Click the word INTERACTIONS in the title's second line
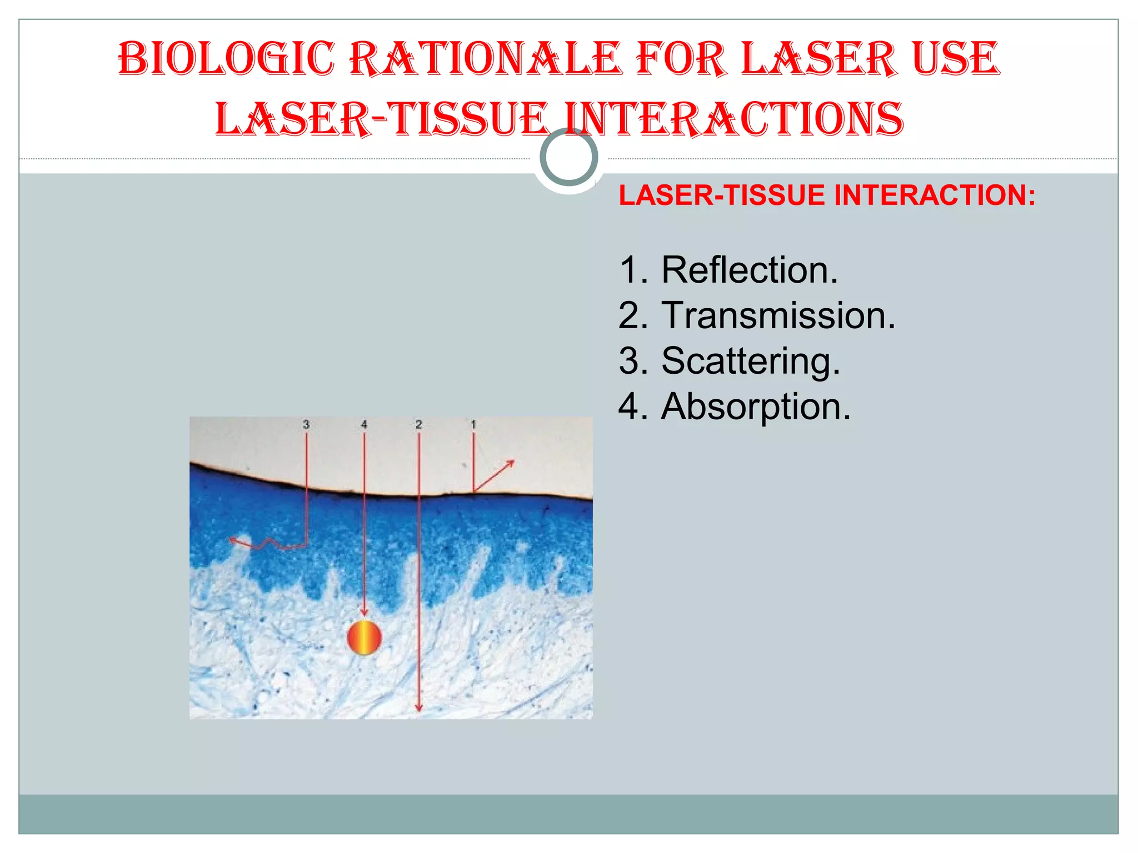(734, 119)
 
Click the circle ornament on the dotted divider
(568, 157)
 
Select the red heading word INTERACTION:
(935, 195)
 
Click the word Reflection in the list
(749, 270)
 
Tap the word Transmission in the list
(778, 315)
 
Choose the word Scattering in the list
(750, 361)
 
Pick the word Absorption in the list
(756, 407)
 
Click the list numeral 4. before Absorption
(633, 407)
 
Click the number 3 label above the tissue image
(306, 425)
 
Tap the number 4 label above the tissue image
(364, 425)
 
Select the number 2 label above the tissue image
(418, 425)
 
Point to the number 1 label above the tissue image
(473, 425)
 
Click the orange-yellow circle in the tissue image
(364, 638)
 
